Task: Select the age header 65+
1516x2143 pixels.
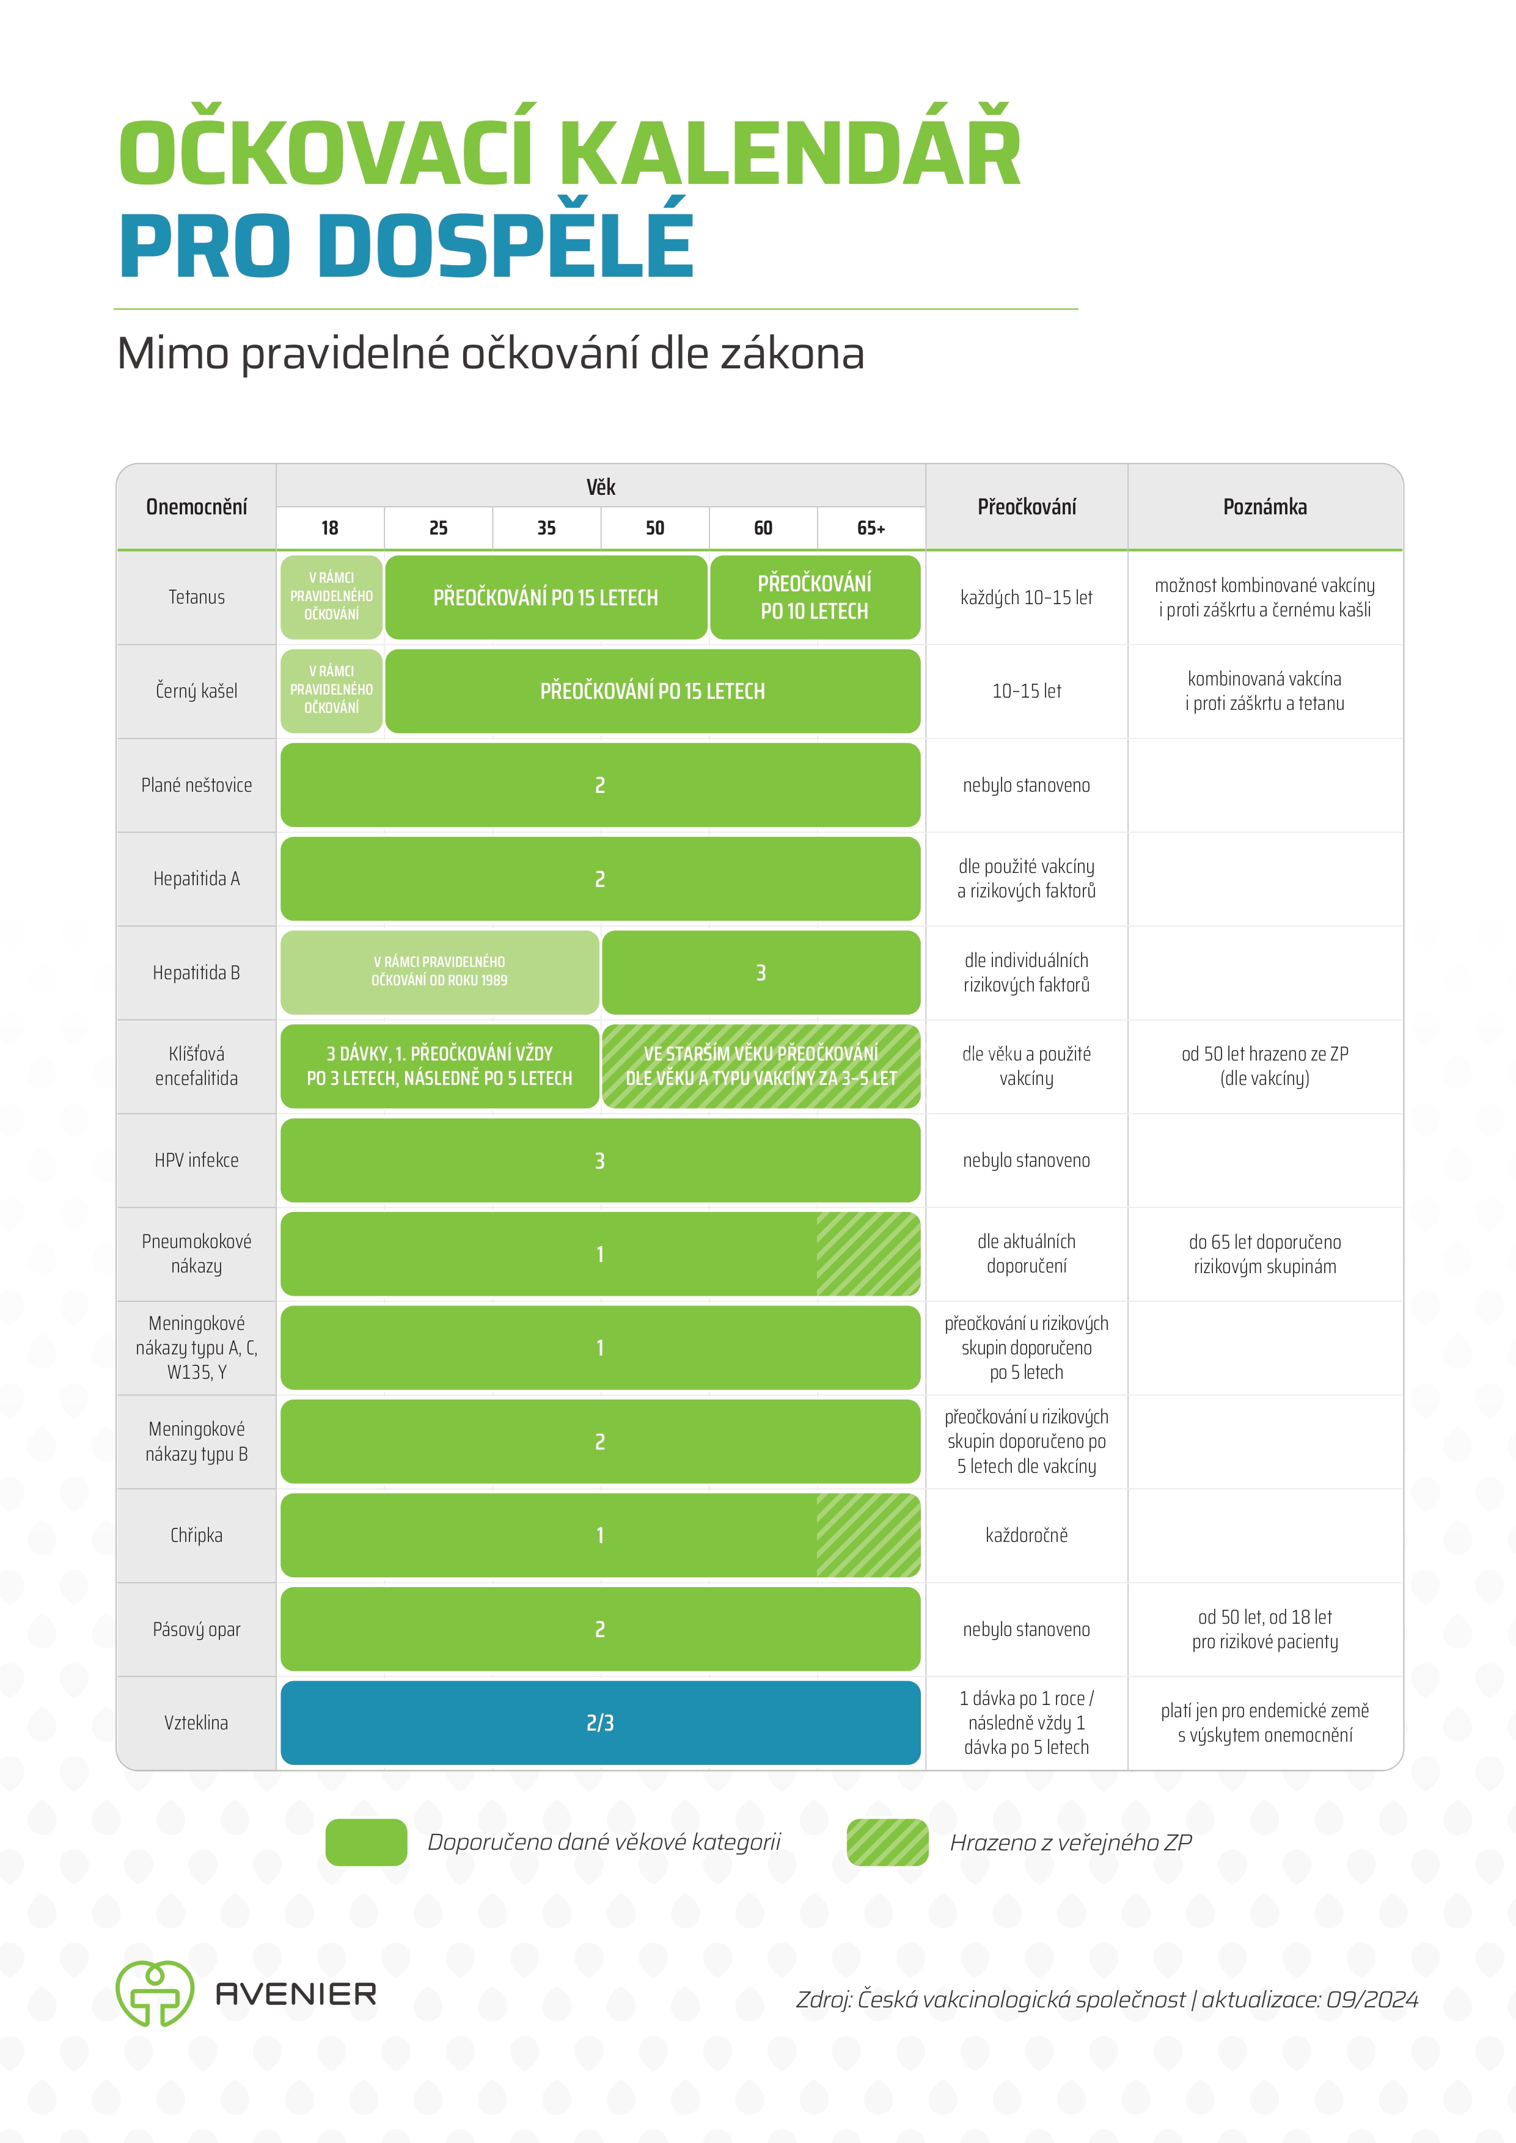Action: [x=871, y=528]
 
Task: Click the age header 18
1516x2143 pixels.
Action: [x=329, y=528]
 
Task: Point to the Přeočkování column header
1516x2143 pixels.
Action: [x=1027, y=507]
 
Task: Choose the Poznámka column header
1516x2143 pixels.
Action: [x=1265, y=507]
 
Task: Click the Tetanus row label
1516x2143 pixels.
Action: [x=196, y=597]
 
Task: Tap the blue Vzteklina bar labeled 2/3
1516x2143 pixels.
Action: [x=600, y=1723]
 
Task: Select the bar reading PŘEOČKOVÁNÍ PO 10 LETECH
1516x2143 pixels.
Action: [x=815, y=597]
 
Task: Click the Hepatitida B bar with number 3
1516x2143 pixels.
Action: [x=761, y=973]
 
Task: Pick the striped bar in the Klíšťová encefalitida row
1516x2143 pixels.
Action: [x=761, y=1066]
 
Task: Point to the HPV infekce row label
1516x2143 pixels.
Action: [x=196, y=1160]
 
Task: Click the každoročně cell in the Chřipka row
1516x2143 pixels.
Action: [x=1027, y=1535]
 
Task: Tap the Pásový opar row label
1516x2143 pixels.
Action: [x=196, y=1630]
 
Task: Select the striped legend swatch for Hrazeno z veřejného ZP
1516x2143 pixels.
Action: [x=888, y=1842]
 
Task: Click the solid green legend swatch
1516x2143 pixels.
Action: [x=366, y=1842]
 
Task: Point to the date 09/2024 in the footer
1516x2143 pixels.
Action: [x=1372, y=1999]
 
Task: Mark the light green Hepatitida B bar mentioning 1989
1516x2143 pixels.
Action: [x=440, y=973]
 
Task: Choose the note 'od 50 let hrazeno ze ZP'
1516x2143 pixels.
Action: [x=1265, y=1054]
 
